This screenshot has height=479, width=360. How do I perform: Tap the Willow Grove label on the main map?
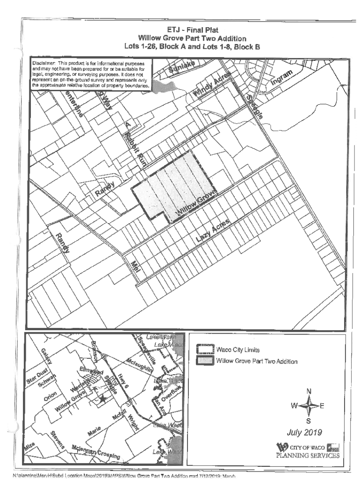(x=197, y=203)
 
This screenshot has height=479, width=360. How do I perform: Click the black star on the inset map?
(x=102, y=398)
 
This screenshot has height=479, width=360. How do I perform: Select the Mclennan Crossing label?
(x=96, y=451)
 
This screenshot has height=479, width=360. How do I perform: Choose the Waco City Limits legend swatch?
(x=203, y=349)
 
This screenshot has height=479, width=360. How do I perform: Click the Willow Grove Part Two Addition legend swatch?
(x=203, y=361)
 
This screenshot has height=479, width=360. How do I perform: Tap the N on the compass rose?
(x=309, y=391)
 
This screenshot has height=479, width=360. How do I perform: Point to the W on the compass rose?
(x=293, y=406)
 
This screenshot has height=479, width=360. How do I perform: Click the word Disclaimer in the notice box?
(x=44, y=63)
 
